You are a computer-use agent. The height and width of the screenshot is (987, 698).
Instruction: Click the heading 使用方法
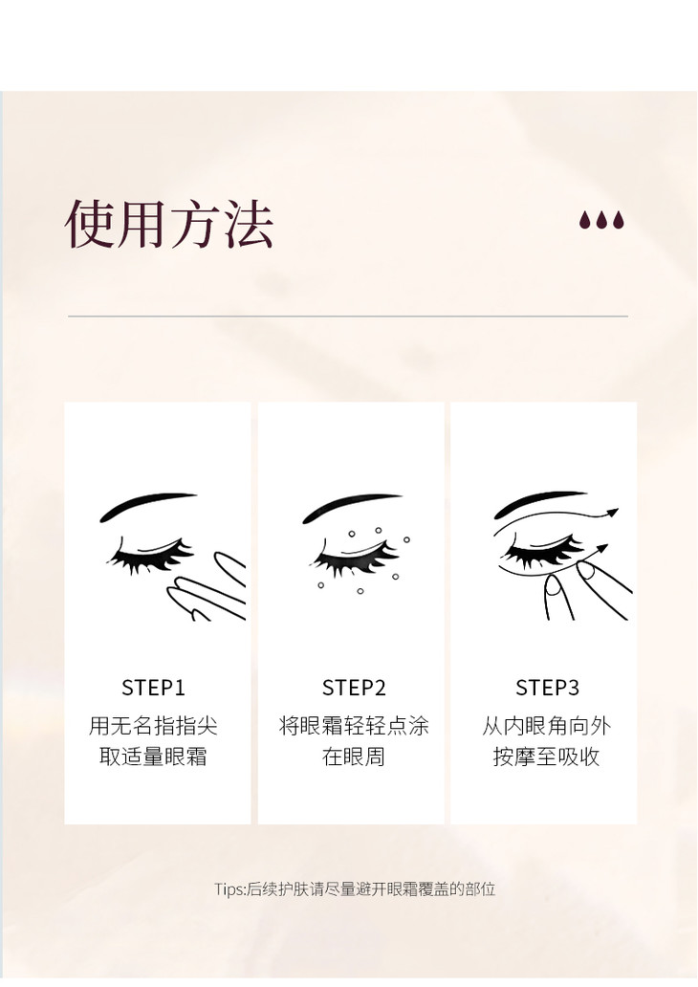coord(169,224)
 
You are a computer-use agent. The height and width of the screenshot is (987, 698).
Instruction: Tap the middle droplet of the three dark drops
coord(601,220)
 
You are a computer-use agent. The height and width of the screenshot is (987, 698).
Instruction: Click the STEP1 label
coord(154,688)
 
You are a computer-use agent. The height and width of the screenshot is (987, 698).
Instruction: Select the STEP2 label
coord(354,688)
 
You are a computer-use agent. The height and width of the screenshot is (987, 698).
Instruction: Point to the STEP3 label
coord(547,688)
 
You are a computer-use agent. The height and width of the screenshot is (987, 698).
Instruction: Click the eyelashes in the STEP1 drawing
coord(151,558)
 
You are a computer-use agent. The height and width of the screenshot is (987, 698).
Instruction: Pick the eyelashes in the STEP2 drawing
coord(355,558)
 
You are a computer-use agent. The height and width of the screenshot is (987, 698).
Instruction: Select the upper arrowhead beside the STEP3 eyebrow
coord(610,514)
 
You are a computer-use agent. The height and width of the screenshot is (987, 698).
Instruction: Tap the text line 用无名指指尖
coord(153,726)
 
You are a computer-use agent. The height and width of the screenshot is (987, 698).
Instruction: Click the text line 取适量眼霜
coord(153,756)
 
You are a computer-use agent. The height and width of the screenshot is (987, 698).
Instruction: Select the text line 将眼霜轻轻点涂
coord(354,726)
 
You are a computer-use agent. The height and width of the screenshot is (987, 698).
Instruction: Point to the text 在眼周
coord(354,756)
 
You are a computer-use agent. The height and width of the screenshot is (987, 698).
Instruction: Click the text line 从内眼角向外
coord(546,726)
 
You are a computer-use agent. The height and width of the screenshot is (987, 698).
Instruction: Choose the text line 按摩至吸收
coord(546,756)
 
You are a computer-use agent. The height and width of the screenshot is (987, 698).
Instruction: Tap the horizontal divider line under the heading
coord(348,316)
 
